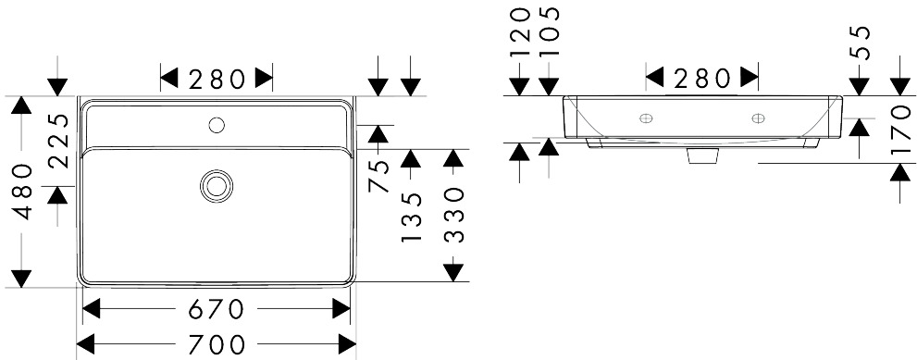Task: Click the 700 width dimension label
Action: (x=216, y=345)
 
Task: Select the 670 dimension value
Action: (x=216, y=308)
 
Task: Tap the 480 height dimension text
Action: (x=23, y=192)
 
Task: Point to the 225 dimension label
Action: (x=59, y=141)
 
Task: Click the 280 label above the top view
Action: (x=217, y=79)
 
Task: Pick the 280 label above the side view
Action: (x=701, y=78)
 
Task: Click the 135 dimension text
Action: (x=412, y=217)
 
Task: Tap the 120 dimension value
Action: (x=520, y=31)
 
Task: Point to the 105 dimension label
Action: (x=550, y=31)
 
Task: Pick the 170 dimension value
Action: (x=901, y=130)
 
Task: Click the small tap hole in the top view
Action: (x=217, y=124)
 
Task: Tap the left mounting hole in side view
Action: (x=646, y=118)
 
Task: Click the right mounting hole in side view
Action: (x=758, y=118)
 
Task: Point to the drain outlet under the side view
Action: (x=702, y=155)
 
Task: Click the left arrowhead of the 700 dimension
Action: (x=86, y=344)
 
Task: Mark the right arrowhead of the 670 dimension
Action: (x=341, y=308)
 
